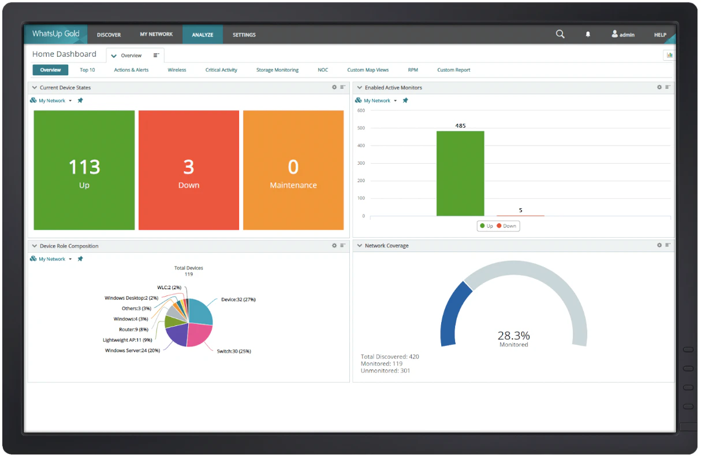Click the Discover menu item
(109, 35)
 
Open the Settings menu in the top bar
(244, 35)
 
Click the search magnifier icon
(560, 34)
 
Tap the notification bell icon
(588, 35)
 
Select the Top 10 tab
(87, 70)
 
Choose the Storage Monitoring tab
(277, 70)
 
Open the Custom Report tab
(453, 70)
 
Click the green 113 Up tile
(84, 170)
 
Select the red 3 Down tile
(189, 170)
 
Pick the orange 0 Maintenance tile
(293, 170)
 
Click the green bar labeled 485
(460, 173)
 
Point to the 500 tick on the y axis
(361, 128)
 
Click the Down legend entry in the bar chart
(506, 226)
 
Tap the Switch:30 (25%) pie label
(234, 351)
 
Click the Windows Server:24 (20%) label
(132, 350)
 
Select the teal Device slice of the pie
(200, 312)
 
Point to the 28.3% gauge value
(513, 335)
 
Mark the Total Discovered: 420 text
(390, 356)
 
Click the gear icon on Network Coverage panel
(659, 245)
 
